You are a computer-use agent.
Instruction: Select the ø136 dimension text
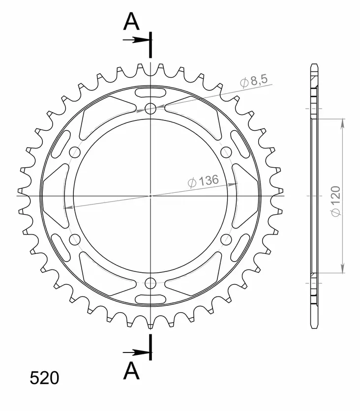[x=203, y=181]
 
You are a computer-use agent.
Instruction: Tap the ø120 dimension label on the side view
[x=336, y=201]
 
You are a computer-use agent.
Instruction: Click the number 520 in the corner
[x=44, y=378]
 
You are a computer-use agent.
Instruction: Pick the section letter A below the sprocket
[x=131, y=372]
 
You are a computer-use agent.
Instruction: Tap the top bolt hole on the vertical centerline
[x=150, y=108]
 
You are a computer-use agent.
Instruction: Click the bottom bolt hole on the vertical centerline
[x=150, y=283]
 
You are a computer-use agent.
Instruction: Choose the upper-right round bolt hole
[x=226, y=151]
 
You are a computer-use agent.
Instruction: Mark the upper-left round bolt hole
[x=75, y=151]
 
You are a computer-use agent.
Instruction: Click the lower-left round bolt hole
[x=75, y=239]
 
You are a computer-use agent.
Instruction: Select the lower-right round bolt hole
[x=226, y=239]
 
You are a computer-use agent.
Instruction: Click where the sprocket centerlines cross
[x=150, y=196]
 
